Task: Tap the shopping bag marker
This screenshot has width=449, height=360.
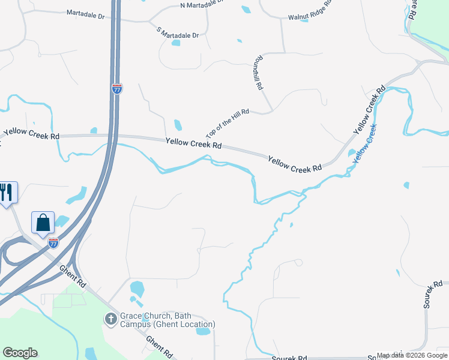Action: [x=43, y=223]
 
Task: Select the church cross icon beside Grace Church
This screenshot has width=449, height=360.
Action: [x=110, y=319]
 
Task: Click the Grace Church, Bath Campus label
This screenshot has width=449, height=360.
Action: [x=167, y=320]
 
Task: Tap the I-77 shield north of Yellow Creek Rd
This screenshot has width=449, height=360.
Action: [x=117, y=89]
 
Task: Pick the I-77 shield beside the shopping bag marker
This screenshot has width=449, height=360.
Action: [x=53, y=242]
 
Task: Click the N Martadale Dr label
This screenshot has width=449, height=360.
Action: [x=201, y=5]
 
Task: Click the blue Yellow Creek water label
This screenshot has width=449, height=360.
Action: [x=364, y=144]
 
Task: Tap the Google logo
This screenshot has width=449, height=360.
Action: [x=20, y=353]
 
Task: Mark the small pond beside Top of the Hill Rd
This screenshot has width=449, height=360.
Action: [x=178, y=125]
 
